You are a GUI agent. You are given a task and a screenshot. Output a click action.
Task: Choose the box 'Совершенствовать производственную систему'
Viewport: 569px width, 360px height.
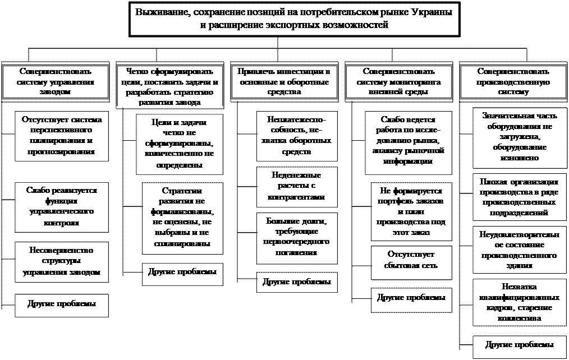coord(513,82)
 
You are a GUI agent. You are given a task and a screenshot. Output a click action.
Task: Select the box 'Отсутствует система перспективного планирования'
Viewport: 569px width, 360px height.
coord(62,136)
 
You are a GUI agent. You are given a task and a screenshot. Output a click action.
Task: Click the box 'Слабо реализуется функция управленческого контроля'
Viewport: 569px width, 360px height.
coord(62,206)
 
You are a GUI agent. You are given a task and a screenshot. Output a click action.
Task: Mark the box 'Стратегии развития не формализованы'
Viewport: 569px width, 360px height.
coord(181,216)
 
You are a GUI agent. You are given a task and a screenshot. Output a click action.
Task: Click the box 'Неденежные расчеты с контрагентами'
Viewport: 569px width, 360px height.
coord(297,186)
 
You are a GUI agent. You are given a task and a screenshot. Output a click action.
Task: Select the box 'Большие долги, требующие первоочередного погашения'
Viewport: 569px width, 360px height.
coord(297,238)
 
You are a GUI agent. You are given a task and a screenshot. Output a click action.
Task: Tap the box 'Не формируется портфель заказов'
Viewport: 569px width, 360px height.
coord(411,211)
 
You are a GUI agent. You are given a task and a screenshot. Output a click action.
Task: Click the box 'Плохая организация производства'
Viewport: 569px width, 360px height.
coord(518,197)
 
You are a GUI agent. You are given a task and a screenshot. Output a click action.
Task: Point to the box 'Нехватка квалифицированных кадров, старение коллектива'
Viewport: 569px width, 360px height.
coord(518,302)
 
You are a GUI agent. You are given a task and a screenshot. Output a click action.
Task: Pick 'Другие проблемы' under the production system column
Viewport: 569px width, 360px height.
coord(518,344)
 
